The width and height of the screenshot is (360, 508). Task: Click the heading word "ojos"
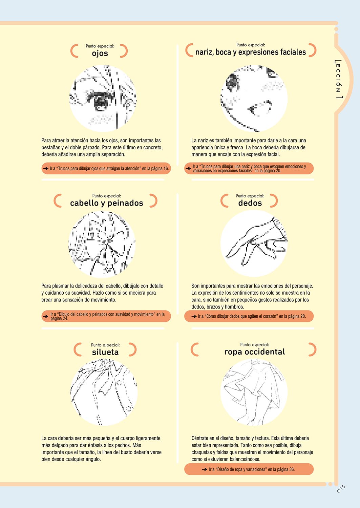[x=100, y=54]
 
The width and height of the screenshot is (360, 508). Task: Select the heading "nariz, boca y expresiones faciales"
[x=251, y=52]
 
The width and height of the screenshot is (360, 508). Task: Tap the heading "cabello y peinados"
[x=107, y=203]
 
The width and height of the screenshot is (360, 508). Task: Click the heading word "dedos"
[x=250, y=203]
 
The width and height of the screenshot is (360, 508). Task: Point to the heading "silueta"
[x=105, y=352]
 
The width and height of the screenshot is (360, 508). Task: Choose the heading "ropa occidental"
[x=255, y=352]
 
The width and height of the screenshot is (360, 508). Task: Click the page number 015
[x=341, y=489]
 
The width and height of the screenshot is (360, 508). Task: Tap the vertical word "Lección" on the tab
[x=338, y=79]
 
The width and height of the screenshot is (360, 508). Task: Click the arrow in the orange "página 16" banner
[x=46, y=169]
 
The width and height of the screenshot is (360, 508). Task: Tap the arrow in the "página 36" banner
[x=205, y=469]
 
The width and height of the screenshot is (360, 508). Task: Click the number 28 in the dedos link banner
[x=303, y=316]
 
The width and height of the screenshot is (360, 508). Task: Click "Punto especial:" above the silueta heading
[x=105, y=345]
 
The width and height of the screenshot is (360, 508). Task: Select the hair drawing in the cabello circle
[x=102, y=244]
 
